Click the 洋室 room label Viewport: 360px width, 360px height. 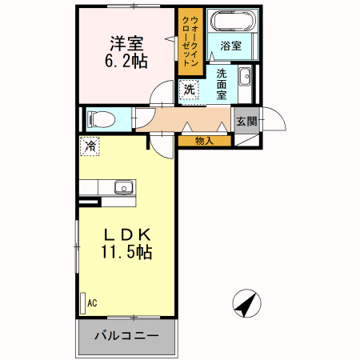point(126,43)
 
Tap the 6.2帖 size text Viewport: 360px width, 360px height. point(126,62)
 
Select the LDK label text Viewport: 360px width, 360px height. point(127,234)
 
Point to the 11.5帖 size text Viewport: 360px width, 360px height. point(126,252)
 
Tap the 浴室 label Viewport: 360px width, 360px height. point(231,46)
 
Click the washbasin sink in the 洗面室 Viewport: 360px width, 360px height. point(245,76)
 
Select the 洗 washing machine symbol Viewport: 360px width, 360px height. point(189,90)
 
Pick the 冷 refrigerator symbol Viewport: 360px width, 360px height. point(90,146)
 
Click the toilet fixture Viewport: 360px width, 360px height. point(101,119)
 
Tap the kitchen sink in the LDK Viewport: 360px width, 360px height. point(124,187)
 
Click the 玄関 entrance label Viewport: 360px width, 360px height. point(246,122)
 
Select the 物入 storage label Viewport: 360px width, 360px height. point(204,141)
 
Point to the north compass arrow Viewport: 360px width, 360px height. point(246,303)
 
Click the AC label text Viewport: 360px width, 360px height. point(92,303)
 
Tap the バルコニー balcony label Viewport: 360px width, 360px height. point(126,335)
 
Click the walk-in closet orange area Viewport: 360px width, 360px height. point(190,42)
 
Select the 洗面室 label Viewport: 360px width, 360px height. point(222,84)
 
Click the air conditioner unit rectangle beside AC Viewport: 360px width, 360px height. point(83,303)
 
